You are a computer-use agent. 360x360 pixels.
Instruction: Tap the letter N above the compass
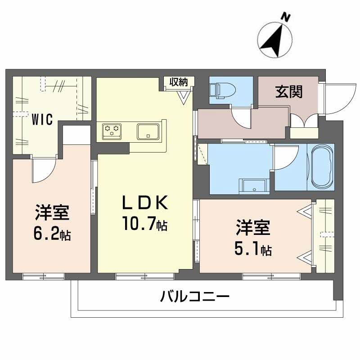coord(284,18)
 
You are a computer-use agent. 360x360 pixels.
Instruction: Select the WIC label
coord(42,120)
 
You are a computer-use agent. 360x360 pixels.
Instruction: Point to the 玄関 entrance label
coord(288,91)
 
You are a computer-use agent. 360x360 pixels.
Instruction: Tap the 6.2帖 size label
coord(52,234)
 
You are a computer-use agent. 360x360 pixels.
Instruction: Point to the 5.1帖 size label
coord(252,249)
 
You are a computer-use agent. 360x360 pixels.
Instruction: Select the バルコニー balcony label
coord(195,297)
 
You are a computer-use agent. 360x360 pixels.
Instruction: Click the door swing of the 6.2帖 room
coord(43,171)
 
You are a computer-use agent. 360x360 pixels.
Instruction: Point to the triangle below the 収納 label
coord(184,97)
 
